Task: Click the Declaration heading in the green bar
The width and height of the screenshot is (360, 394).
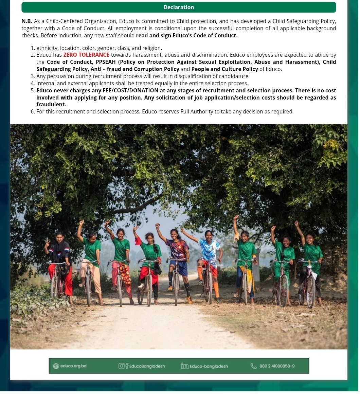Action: (x=179, y=7)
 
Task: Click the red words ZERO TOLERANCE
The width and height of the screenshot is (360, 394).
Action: (x=86, y=55)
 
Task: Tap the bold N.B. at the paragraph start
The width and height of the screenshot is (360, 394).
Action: (x=27, y=21)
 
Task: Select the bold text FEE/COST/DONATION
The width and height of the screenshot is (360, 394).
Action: (x=130, y=90)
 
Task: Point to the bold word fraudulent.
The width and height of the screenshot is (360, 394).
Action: (x=51, y=105)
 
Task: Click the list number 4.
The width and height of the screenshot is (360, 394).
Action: (x=33, y=83)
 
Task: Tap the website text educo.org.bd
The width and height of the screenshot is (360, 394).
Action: (x=73, y=366)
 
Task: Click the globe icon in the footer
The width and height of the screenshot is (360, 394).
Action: (x=56, y=366)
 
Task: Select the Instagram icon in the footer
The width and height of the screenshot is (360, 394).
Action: (x=121, y=366)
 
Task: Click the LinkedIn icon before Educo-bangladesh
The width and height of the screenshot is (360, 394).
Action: (x=184, y=366)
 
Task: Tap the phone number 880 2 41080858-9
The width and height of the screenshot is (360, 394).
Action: (x=277, y=366)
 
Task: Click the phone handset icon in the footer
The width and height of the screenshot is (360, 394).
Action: (x=253, y=366)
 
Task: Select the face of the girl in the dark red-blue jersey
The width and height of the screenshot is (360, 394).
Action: (x=175, y=234)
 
